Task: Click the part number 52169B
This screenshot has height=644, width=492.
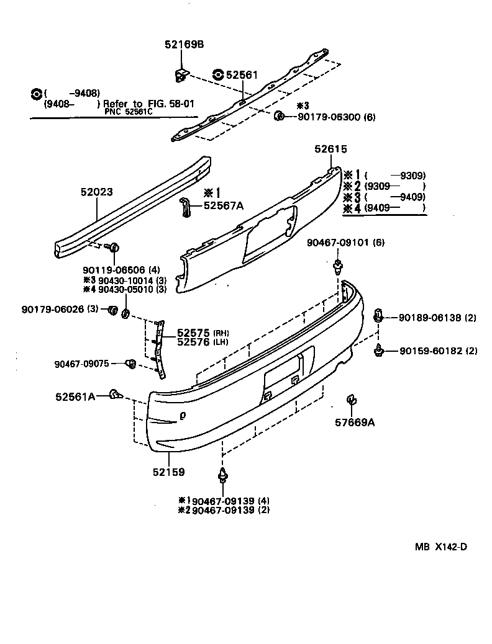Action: pos(184,45)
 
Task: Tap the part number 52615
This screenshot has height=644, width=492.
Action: pos(330,150)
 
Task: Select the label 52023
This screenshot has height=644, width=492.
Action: pos(96,192)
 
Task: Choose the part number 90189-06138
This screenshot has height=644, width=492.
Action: pos(429,318)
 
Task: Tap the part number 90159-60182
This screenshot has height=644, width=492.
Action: pos(429,351)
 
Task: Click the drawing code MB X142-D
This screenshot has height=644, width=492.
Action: pos(441,547)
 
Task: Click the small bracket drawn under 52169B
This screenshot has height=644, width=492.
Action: pos(180,74)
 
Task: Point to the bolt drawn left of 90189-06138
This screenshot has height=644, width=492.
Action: pos(378,316)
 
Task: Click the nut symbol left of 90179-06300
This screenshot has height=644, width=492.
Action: pos(280,115)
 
